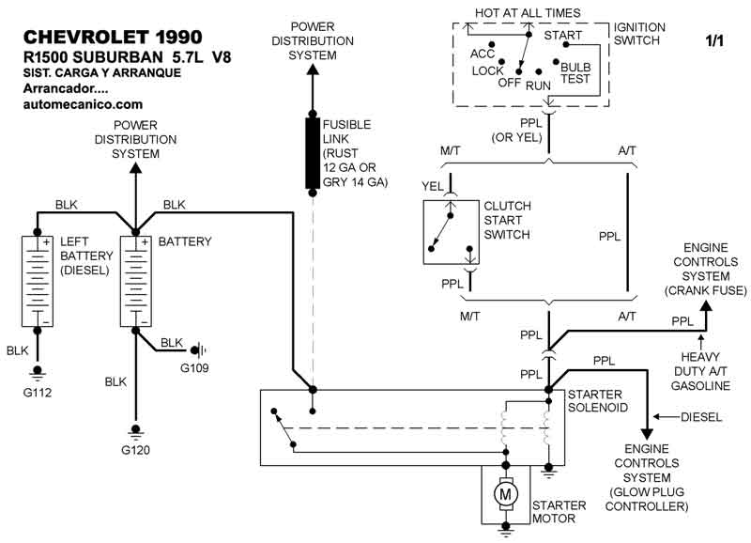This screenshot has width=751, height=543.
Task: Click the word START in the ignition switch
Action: click(x=563, y=36)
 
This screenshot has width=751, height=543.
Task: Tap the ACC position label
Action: click(x=483, y=54)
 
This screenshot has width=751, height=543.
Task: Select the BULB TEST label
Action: click(x=575, y=73)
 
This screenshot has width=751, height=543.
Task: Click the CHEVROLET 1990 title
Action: click(x=112, y=37)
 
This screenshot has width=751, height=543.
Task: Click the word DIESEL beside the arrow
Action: click(x=701, y=416)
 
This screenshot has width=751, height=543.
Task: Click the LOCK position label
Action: click(x=488, y=70)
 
